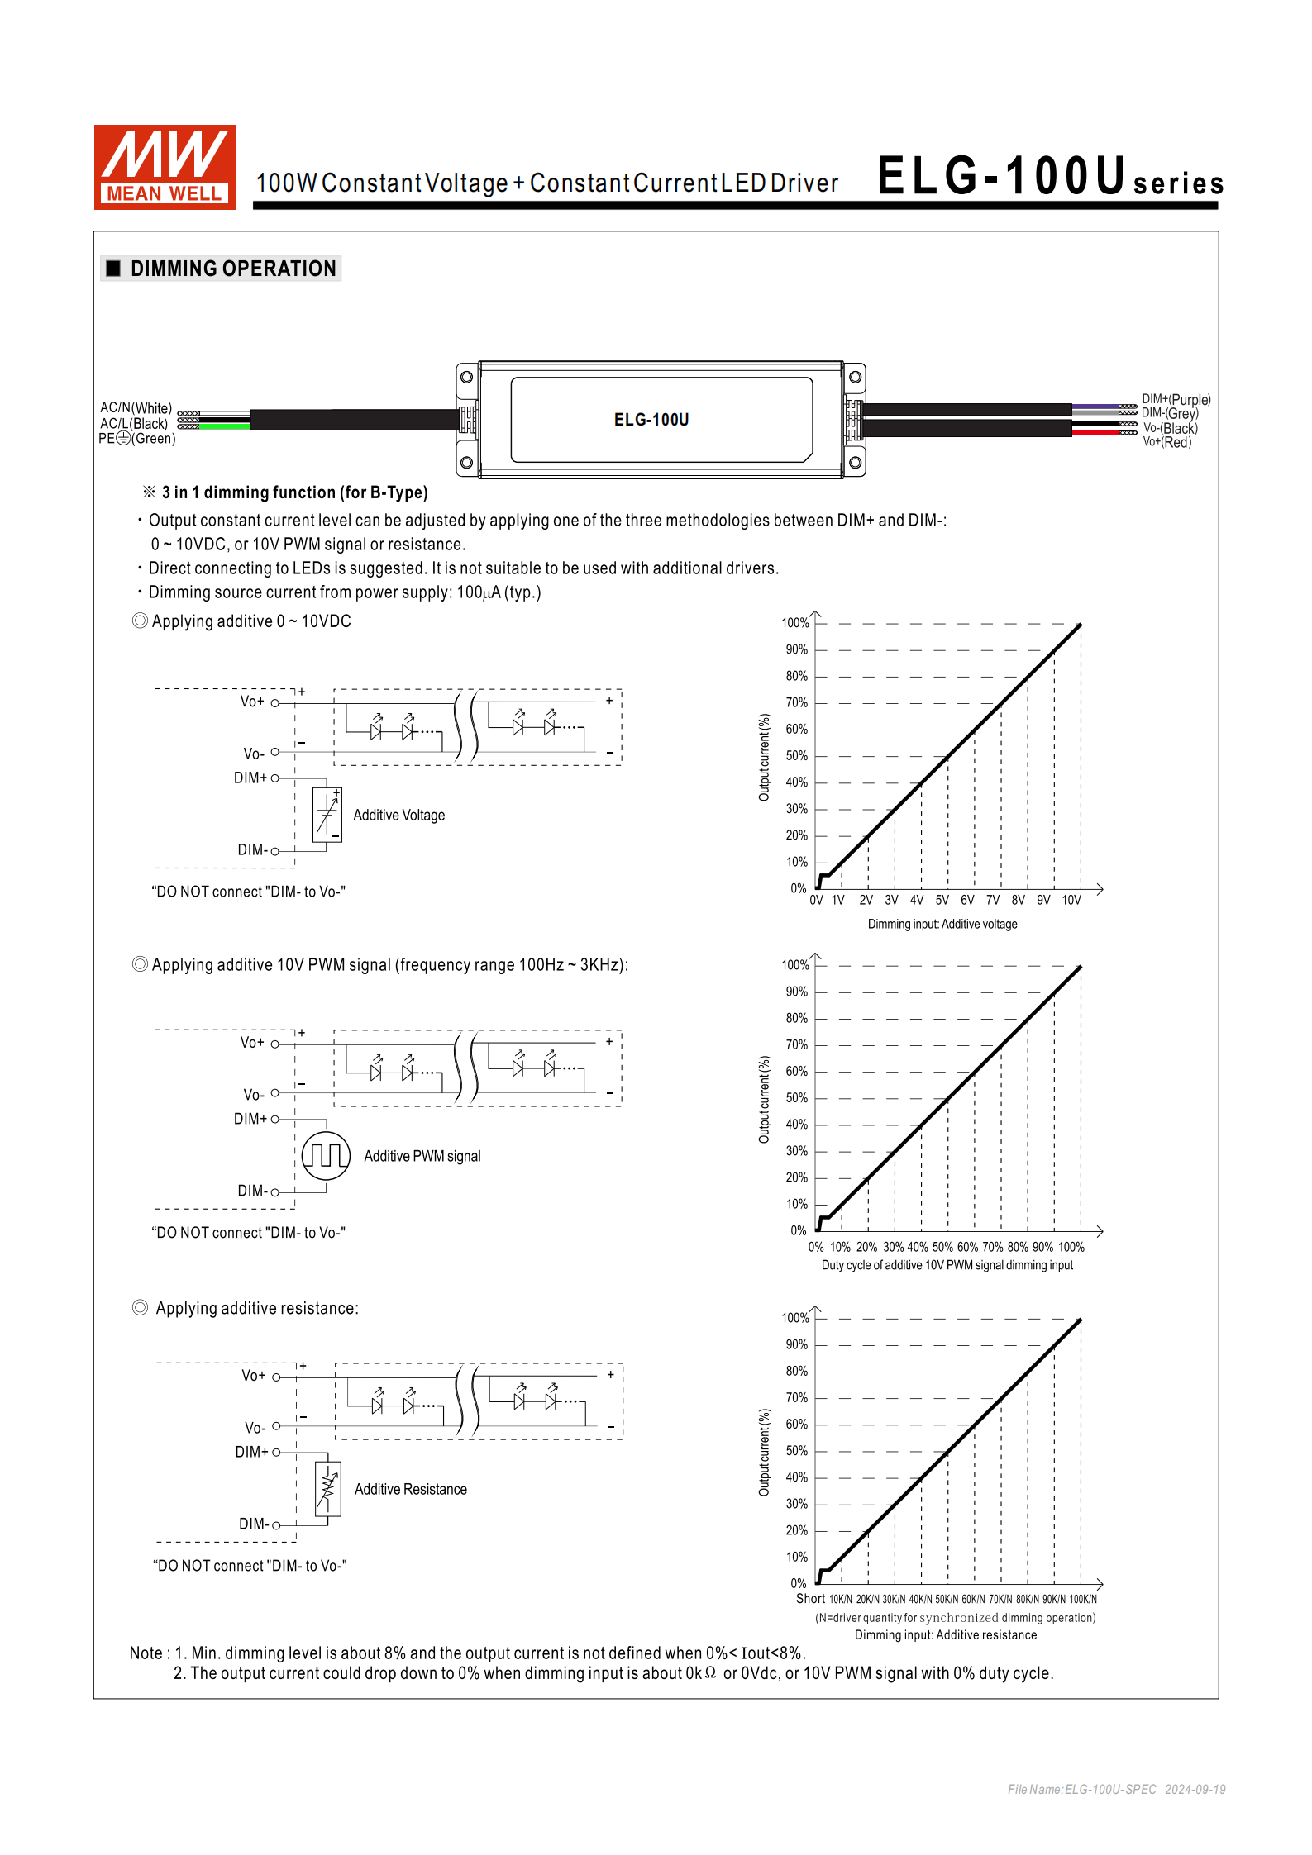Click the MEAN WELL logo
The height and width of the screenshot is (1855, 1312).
tap(165, 167)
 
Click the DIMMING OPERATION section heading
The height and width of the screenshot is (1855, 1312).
tap(232, 269)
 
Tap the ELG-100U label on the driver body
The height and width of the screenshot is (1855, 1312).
tap(651, 420)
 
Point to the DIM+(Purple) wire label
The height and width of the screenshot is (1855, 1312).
tap(1176, 399)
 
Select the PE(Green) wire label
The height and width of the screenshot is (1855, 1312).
tap(137, 439)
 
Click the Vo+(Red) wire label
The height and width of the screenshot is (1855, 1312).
tap(1166, 442)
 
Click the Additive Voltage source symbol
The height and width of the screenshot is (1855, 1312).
tap(327, 815)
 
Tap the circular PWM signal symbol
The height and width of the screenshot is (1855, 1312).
tap(326, 1155)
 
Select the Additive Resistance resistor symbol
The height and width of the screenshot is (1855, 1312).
tap(328, 1489)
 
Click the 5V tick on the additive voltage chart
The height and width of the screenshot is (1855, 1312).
tap(942, 900)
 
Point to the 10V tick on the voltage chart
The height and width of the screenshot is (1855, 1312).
tap(1071, 900)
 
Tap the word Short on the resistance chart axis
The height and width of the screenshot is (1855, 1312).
tap(810, 1598)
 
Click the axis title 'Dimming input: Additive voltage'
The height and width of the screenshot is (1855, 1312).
tap(942, 924)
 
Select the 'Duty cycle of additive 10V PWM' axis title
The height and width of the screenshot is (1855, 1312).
tap(947, 1265)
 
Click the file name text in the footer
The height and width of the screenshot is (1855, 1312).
tap(1081, 1789)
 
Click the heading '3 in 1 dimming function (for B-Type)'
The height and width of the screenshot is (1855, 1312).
tap(294, 492)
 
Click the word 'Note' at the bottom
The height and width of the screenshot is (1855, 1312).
tap(146, 1653)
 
